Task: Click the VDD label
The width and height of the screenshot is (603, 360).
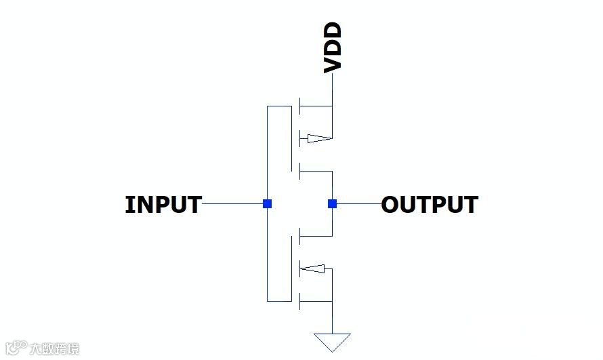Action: tap(333, 47)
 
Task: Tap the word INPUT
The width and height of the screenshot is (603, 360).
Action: tap(163, 204)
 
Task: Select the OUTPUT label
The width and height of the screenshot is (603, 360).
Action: tap(430, 204)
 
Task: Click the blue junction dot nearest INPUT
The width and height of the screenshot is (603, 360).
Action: tap(268, 203)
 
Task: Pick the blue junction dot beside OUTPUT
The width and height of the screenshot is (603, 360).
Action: tap(332, 203)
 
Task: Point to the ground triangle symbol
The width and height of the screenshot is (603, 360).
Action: tap(333, 342)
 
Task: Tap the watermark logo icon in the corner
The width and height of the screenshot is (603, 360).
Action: tap(15, 348)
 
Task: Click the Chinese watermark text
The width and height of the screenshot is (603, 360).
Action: tap(54, 348)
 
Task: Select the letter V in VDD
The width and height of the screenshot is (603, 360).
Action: tap(333, 64)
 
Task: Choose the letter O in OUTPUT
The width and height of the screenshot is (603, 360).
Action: tap(390, 204)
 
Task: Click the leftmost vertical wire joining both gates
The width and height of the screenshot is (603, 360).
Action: tap(268, 156)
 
